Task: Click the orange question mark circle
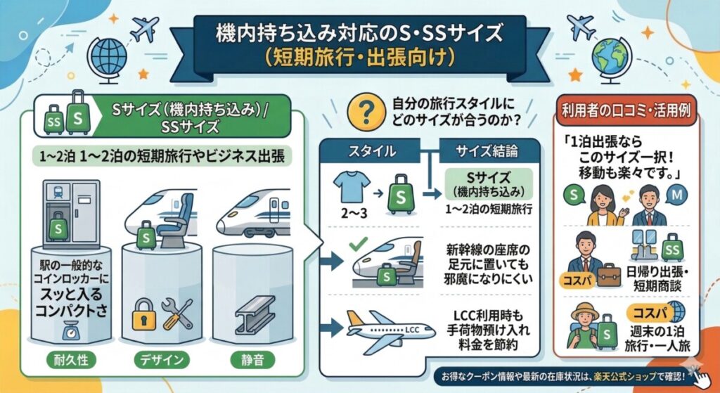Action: [x=366, y=112]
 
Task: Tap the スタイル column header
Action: [x=372, y=151]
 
